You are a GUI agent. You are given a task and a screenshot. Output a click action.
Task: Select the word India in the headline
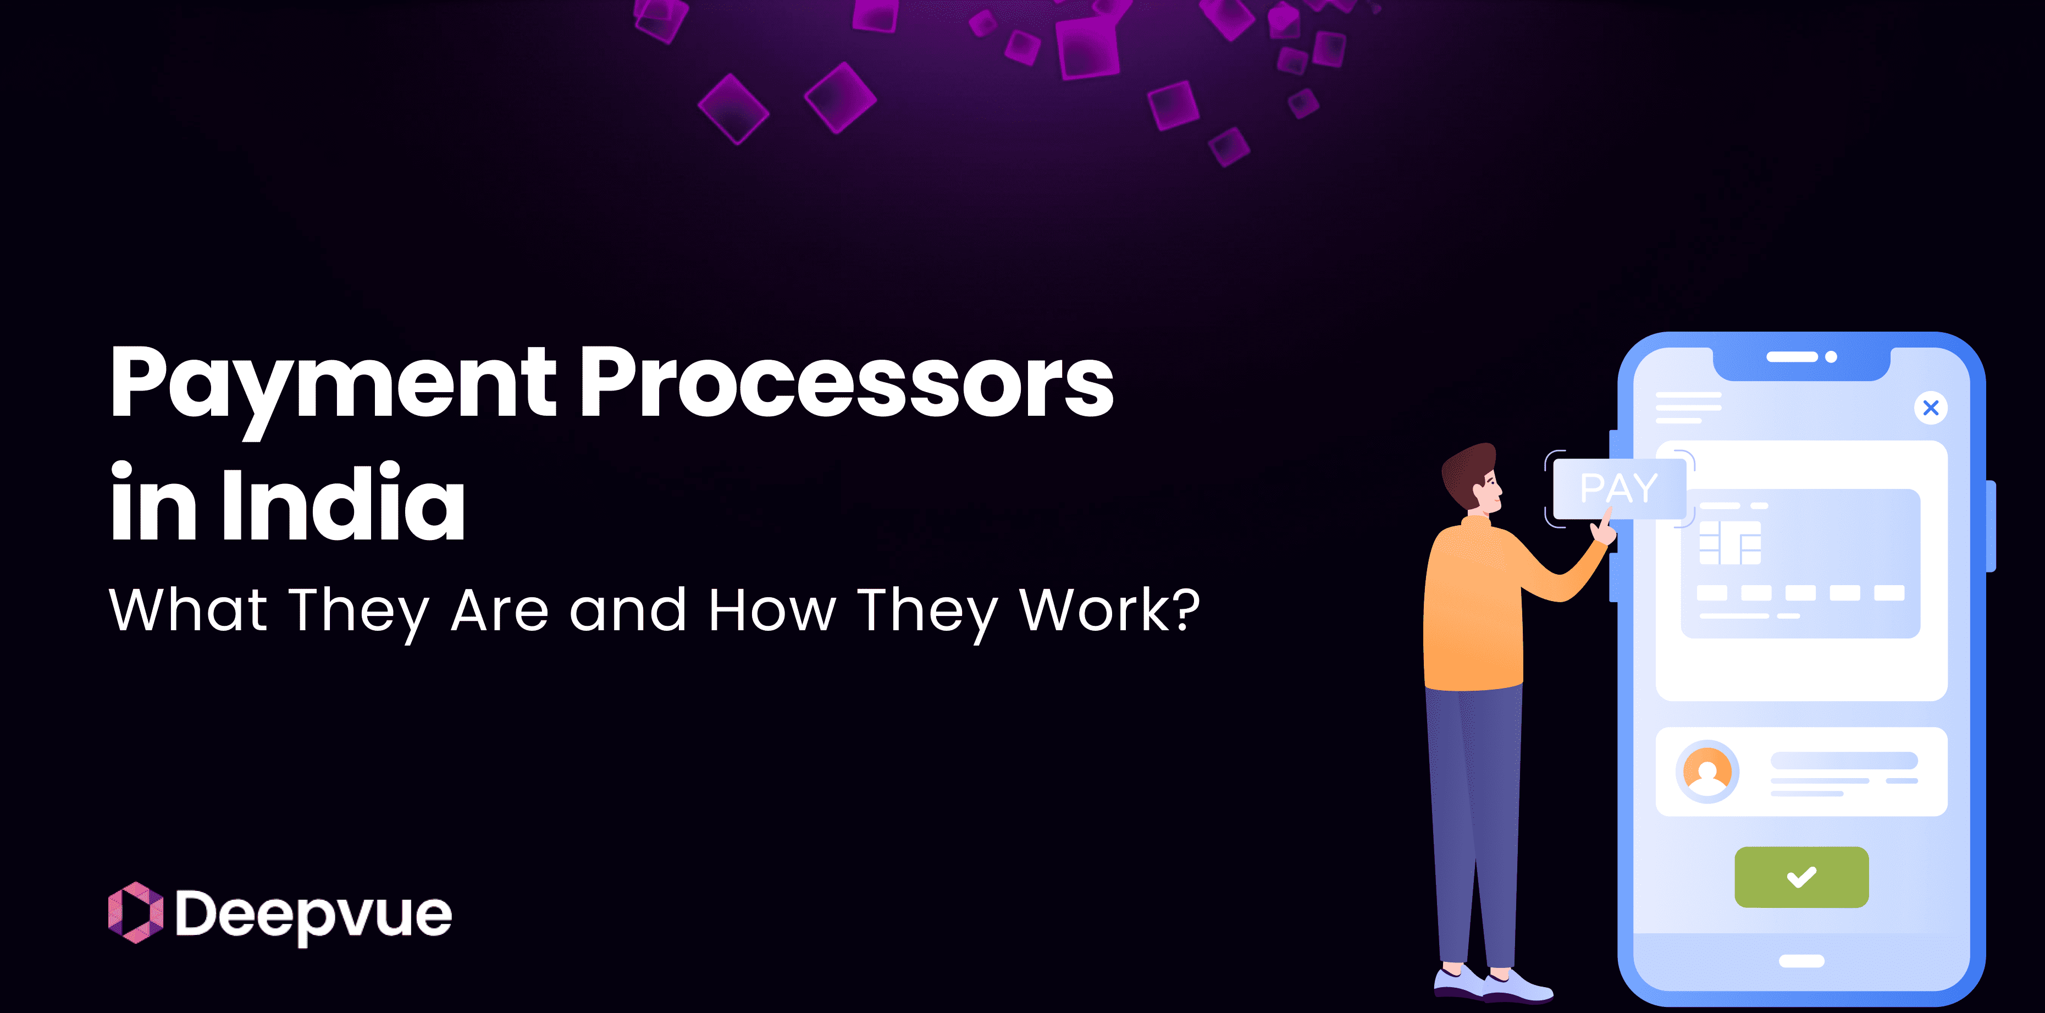(343, 504)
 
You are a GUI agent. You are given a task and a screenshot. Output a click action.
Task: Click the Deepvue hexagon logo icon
(135, 913)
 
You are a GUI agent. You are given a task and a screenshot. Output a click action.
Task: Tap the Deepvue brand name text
(313, 915)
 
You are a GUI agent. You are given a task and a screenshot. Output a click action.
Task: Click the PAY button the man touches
(1619, 488)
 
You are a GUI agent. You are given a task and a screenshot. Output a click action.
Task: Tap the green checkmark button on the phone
(1801, 877)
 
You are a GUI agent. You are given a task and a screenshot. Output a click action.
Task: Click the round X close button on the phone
(1931, 408)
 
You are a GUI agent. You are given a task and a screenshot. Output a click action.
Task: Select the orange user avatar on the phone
(1707, 772)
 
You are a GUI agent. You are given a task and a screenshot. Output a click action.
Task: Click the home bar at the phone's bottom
(1801, 961)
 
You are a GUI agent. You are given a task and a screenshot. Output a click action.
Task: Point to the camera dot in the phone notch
(1831, 357)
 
